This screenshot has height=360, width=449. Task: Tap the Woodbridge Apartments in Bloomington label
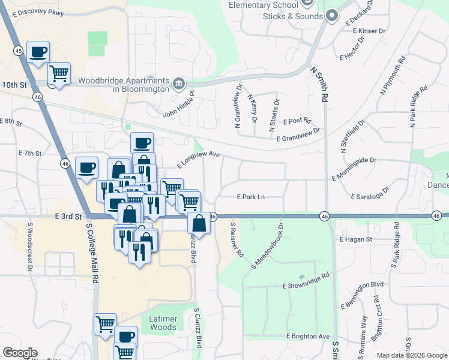tap(122, 85)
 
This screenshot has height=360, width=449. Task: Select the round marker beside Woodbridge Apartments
tap(179, 83)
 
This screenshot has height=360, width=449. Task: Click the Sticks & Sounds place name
tap(292, 16)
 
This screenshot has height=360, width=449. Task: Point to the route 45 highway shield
tap(19, 52)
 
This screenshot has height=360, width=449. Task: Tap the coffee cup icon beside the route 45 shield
tap(38, 52)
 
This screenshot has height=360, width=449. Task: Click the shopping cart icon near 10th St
tap(59, 74)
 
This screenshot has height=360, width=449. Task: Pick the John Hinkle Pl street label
tap(179, 106)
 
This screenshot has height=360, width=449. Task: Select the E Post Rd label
tap(297, 121)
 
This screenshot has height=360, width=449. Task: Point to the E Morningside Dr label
tap(354, 161)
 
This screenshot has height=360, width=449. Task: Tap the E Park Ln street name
tap(251, 196)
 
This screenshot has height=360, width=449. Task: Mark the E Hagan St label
tap(356, 239)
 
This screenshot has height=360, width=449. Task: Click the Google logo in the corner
tap(20, 353)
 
